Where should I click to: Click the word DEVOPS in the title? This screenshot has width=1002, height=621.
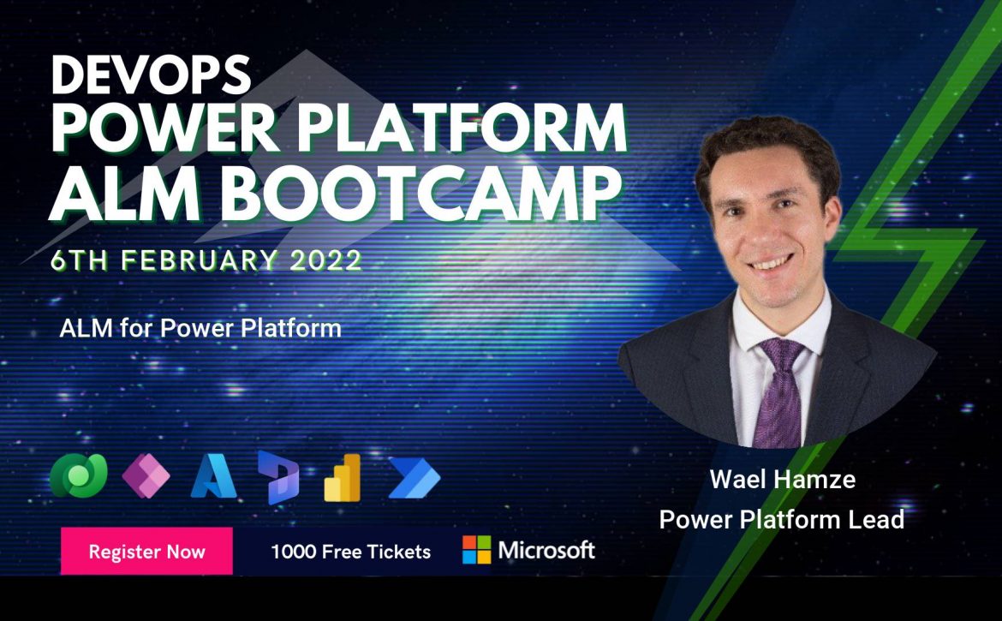click(x=151, y=75)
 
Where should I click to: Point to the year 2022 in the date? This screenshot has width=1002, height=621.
click(x=326, y=260)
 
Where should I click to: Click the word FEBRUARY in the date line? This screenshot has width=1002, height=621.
click(x=200, y=260)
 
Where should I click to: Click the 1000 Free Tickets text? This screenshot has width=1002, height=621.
click(x=351, y=552)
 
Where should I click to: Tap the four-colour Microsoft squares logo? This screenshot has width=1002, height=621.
click(x=477, y=550)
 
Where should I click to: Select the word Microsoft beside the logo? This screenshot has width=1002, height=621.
click(x=546, y=550)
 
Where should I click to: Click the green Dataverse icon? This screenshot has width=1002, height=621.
click(x=79, y=475)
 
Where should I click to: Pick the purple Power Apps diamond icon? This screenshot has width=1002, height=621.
click(x=146, y=476)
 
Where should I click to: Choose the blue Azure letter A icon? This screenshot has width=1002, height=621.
click(x=213, y=476)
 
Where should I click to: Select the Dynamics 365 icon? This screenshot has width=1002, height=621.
click(x=278, y=477)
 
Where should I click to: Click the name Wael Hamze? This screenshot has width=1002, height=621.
click(x=782, y=479)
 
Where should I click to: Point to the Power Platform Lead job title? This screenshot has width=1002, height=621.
click(x=782, y=519)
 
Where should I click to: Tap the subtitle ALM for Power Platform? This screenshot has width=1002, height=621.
click(x=200, y=328)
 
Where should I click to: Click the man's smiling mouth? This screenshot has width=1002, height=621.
click(x=772, y=263)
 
